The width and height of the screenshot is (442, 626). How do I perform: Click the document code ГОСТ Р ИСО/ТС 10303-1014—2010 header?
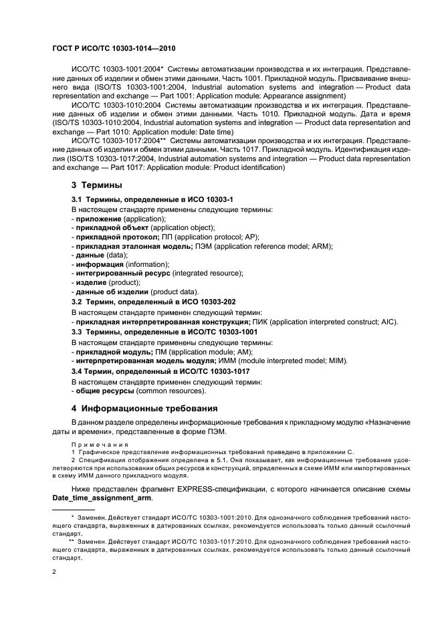114,49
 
